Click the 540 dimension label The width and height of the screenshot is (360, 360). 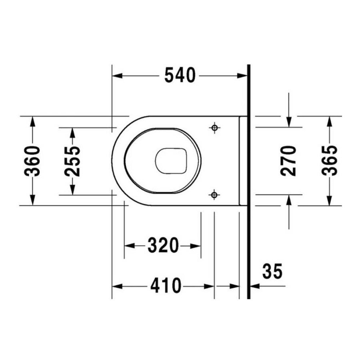180,75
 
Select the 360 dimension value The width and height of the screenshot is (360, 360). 32,161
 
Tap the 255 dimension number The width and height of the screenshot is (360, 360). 72,161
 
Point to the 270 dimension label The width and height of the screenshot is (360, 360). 288,161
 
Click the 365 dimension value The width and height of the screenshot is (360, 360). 330,160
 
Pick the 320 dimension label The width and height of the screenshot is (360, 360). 163,246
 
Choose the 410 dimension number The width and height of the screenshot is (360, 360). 166,286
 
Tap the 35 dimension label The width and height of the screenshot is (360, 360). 272,271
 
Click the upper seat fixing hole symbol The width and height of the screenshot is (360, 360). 215,128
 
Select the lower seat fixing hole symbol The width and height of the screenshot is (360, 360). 214,195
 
